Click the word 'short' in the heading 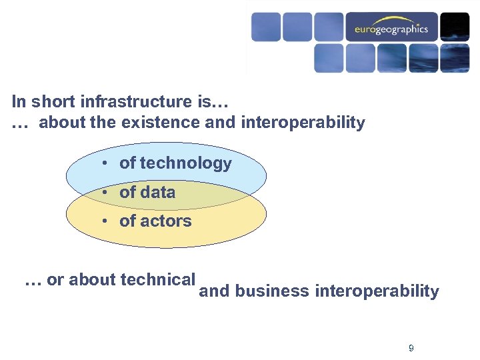(52, 102)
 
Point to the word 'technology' (186, 163)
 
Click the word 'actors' (166, 221)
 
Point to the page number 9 (411, 348)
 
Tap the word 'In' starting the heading (19, 102)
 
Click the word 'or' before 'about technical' (55, 280)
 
